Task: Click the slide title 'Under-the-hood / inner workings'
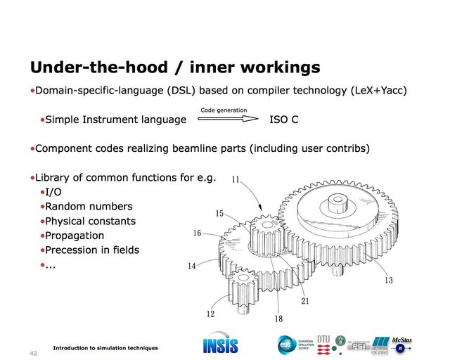(x=174, y=67)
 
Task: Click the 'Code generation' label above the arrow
(x=224, y=110)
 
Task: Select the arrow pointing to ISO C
(x=228, y=119)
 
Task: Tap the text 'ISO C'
(x=284, y=120)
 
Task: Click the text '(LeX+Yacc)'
(x=379, y=91)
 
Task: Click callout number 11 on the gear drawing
(x=236, y=180)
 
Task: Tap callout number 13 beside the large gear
(x=388, y=281)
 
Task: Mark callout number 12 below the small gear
(x=210, y=314)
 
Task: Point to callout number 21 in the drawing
(x=304, y=302)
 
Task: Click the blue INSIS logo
(x=220, y=344)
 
